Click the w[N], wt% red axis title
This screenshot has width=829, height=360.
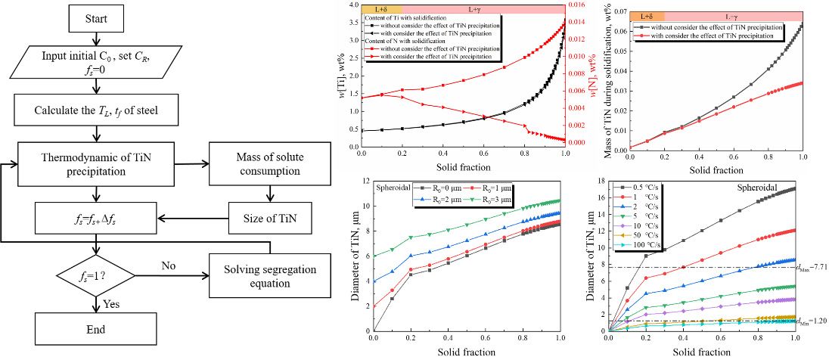pos(591,76)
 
